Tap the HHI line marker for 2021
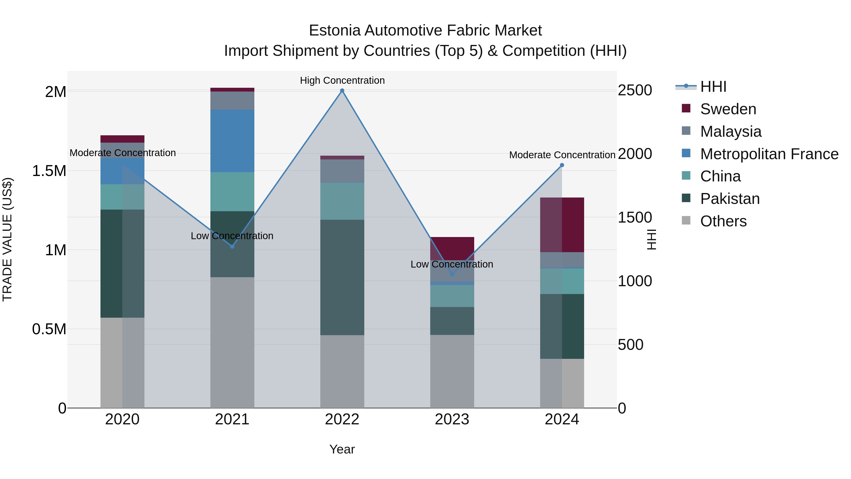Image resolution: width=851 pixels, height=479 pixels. pyautogui.click(x=232, y=246)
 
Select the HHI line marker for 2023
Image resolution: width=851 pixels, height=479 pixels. pyautogui.click(x=452, y=274)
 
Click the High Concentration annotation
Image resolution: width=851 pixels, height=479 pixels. pyautogui.click(x=342, y=80)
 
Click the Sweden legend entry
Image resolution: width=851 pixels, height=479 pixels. pyautogui.click(x=728, y=109)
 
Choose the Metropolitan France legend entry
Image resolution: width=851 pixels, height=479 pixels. pyautogui.click(x=769, y=154)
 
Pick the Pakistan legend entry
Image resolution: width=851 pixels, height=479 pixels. pyautogui.click(x=730, y=199)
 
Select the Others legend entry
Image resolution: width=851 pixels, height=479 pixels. pyautogui.click(x=723, y=221)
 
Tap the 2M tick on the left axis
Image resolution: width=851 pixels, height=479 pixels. pyautogui.click(x=56, y=92)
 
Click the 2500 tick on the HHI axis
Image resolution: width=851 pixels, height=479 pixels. pyautogui.click(x=635, y=90)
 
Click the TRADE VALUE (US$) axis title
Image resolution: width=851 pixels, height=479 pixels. pyautogui.click(x=7, y=239)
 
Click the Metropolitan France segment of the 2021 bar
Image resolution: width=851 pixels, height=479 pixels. pyautogui.click(x=232, y=141)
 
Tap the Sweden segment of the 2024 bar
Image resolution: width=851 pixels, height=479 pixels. pyautogui.click(x=562, y=225)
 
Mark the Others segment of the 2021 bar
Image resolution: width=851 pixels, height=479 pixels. pyautogui.click(x=232, y=342)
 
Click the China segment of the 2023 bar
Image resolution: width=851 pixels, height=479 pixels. pyautogui.click(x=452, y=296)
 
